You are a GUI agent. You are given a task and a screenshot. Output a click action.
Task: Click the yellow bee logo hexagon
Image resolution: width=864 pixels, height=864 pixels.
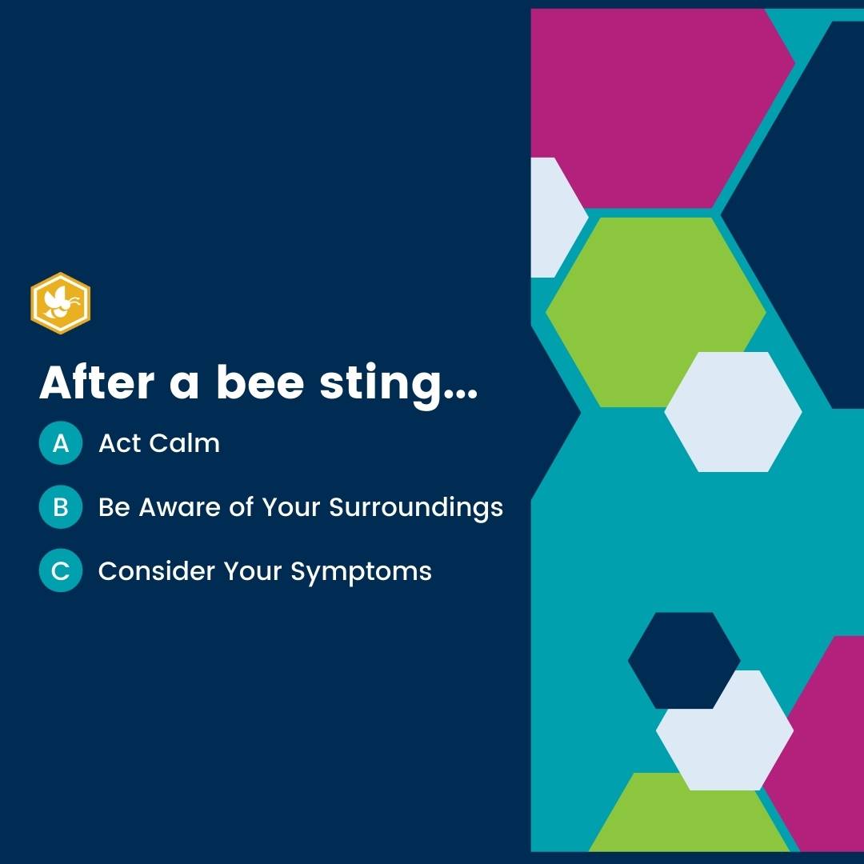pos(60,303)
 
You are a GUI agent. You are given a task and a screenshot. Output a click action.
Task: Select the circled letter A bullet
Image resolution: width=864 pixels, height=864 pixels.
pos(60,443)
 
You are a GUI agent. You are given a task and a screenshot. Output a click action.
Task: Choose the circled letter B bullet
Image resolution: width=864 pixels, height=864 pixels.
pos(60,507)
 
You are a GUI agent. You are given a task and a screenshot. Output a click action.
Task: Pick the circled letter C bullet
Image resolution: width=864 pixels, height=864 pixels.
pos(60,571)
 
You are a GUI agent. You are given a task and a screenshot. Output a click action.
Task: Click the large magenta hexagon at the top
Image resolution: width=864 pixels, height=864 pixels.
pos(648,104)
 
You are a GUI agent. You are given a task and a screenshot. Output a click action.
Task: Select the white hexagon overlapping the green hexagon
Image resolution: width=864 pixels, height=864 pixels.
pos(733,411)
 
